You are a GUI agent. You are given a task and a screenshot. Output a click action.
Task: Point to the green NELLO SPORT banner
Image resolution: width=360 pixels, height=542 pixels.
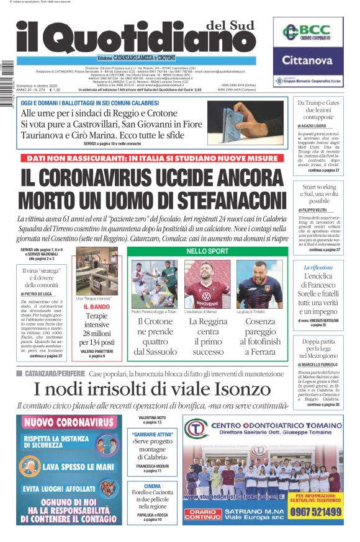click(x=207, y=251)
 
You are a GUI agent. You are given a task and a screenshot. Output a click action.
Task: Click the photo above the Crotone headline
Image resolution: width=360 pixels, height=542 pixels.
click(x=154, y=284)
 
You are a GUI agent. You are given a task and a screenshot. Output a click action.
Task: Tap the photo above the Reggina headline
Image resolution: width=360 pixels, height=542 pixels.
click(x=207, y=284)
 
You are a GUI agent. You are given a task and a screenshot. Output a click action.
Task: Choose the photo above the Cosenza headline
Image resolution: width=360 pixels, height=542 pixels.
click(x=259, y=284)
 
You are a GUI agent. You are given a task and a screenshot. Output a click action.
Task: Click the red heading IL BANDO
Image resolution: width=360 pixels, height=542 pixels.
click(x=96, y=307)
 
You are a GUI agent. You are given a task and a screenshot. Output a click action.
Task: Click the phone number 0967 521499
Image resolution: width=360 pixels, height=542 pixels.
click(x=315, y=512)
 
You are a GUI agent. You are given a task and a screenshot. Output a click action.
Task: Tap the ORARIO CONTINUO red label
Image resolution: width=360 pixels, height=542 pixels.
click(x=202, y=513)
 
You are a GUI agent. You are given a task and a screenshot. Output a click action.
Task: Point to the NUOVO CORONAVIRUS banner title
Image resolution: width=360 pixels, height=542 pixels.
click(x=69, y=424)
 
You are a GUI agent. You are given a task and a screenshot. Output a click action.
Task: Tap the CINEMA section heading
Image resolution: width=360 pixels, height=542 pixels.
click(x=152, y=487)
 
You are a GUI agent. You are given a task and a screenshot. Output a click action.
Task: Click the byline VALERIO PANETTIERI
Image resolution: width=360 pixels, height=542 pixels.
click(x=96, y=352)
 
